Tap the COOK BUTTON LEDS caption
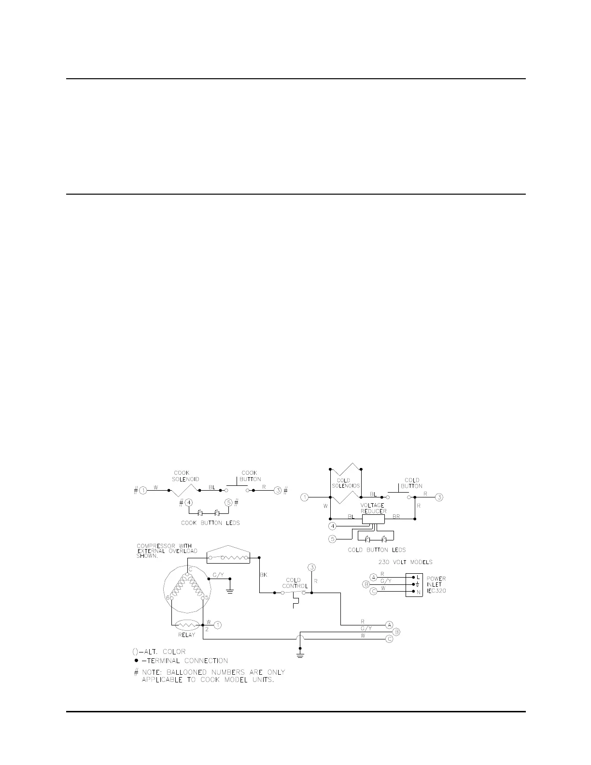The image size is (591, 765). pyautogui.click(x=210, y=523)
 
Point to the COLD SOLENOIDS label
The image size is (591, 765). pyautogui.click(x=346, y=483)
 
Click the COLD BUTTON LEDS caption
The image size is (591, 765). pyautogui.click(x=377, y=550)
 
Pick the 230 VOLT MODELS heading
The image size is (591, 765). pyautogui.click(x=405, y=562)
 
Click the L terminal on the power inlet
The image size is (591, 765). pyautogui.click(x=418, y=577)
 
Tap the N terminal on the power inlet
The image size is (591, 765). pyautogui.click(x=418, y=592)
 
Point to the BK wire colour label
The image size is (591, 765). pyautogui.click(x=264, y=575)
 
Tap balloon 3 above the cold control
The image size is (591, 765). pyautogui.click(x=312, y=567)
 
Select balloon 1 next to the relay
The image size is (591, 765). pyautogui.click(x=218, y=625)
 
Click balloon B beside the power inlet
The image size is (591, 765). pyautogui.click(x=366, y=585)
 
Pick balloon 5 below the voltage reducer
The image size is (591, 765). pyautogui.click(x=333, y=538)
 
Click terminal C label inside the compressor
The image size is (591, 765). pyautogui.click(x=190, y=569)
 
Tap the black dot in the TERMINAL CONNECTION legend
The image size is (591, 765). pyautogui.click(x=137, y=660)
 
